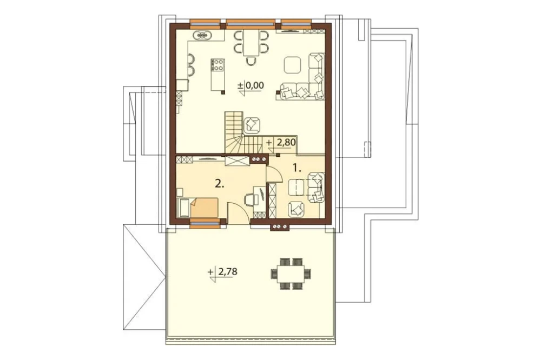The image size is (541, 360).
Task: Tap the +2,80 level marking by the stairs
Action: pyautogui.click(x=280, y=143)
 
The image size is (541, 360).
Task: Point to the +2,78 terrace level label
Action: pyautogui.click(x=223, y=272)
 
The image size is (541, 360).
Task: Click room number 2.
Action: pyautogui.click(x=220, y=184)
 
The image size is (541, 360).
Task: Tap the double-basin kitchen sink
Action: pyautogui.click(x=204, y=35)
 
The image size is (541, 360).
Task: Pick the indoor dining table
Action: pyautogui.click(x=251, y=43)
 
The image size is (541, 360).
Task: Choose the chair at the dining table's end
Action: pyautogui.click(x=251, y=61)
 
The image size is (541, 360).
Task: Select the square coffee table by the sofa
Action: pyautogui.click(x=293, y=65)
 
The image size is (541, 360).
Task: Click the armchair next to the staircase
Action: pyautogui.click(x=252, y=125)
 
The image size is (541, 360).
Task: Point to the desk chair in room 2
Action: pyautogui.click(x=249, y=199)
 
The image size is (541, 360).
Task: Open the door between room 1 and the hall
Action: pyautogui.click(x=275, y=174)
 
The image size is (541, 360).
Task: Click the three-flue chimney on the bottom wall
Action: pyautogui.click(x=280, y=227)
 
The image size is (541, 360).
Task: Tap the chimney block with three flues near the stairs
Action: pyautogui.click(x=259, y=159)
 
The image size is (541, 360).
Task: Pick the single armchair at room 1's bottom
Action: pyautogui.click(x=296, y=209)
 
